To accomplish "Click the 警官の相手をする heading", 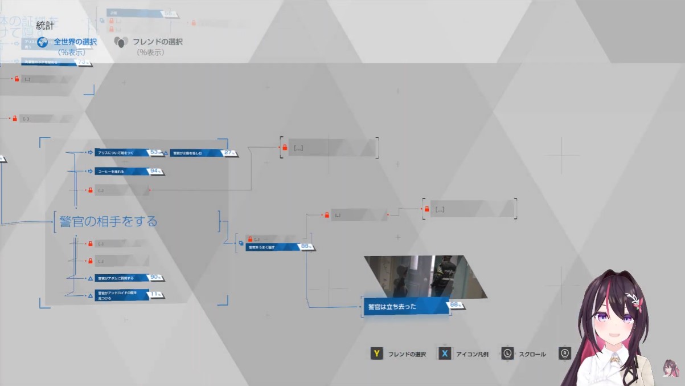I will tap(108, 221).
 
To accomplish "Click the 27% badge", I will tap(229, 153).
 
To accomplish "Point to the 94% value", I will tap(155, 171).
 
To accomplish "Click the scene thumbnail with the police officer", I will tap(425, 277).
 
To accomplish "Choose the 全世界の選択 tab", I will tap(75, 42).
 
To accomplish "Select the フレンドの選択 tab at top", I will tap(157, 42).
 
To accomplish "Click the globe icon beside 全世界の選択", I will tap(43, 42).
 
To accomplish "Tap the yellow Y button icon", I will tap(376, 354).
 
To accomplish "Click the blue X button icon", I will tap(445, 354).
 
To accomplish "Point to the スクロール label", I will tap(532, 354).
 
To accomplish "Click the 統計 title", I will tap(45, 25).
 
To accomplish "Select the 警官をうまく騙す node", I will tap(272, 247).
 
